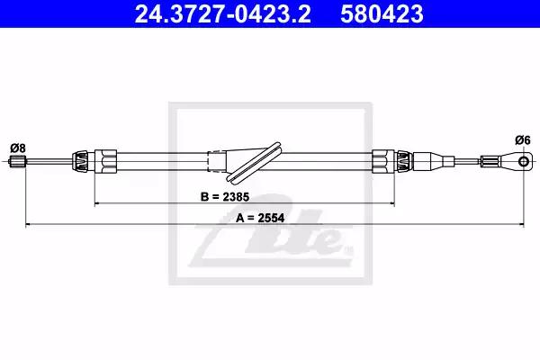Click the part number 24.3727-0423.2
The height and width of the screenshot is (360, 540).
coord(222,13)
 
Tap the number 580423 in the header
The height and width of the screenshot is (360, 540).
coord(382,13)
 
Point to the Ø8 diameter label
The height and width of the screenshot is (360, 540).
coord(18,148)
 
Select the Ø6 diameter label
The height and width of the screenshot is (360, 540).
coord(522,140)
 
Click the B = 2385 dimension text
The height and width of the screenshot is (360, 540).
coord(224,197)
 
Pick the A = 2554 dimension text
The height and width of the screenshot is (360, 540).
coord(260,218)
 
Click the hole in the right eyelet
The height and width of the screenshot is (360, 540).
coord(524,161)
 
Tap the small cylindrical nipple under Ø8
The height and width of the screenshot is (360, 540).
coord(17,161)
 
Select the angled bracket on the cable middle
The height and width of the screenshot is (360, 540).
coord(254,162)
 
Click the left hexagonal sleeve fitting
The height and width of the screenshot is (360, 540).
coord(105,161)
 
